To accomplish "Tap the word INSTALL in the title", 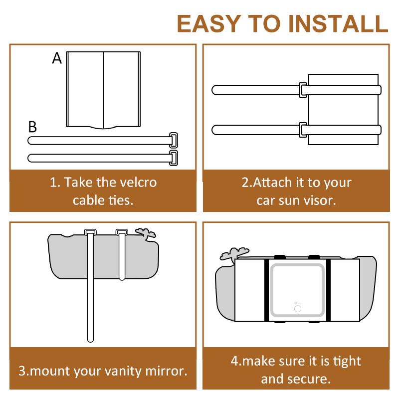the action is [x=338, y=23].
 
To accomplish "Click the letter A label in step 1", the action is [x=57, y=58].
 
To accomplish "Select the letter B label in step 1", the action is [x=32, y=127].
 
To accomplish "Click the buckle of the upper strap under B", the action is [x=173, y=140].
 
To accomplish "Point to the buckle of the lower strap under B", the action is [x=173, y=158].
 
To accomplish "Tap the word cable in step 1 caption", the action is [x=89, y=200].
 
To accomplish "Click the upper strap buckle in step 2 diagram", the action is [x=303, y=90].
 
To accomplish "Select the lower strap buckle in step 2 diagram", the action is [x=303, y=130].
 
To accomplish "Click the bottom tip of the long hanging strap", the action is [x=90, y=341].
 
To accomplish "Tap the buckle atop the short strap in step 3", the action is [x=122, y=232].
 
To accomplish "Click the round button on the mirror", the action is [x=298, y=309].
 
